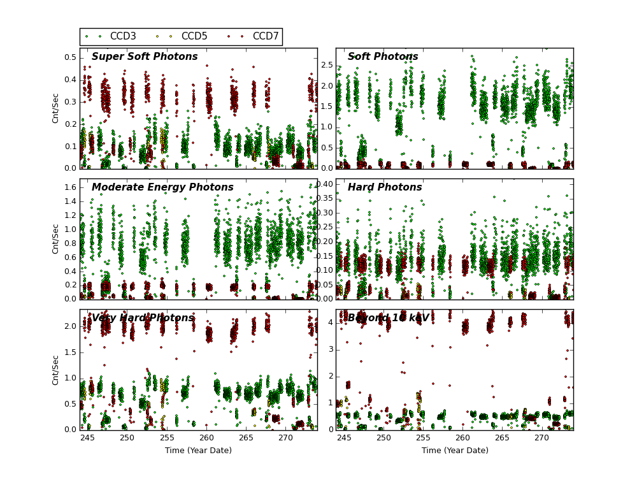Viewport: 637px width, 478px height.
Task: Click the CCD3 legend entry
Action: pos(123,36)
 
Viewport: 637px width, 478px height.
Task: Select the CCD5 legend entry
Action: pos(194,36)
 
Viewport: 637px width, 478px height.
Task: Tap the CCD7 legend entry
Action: pos(266,36)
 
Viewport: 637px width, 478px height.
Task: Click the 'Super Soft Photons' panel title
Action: pos(145,57)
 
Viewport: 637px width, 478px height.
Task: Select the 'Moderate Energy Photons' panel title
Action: pos(162,187)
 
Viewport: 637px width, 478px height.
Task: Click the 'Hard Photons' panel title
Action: pos(385,187)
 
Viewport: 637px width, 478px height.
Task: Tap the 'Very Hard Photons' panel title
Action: pos(143,318)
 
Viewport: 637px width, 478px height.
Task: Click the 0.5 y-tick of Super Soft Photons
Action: pos(71,57)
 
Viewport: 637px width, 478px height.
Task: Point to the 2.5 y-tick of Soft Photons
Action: pos(327,65)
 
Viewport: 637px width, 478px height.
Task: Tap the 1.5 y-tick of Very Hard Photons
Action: pos(71,352)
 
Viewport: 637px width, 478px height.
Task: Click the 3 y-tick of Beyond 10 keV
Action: pos(330,349)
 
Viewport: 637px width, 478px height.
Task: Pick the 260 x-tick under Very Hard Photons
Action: pos(206,438)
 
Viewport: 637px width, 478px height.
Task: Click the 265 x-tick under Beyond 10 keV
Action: pos(502,438)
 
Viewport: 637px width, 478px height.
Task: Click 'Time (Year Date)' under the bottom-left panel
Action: pos(198,451)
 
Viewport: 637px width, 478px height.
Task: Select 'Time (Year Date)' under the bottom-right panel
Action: pos(455,451)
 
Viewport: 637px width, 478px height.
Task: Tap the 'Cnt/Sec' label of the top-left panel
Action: pos(56,108)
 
